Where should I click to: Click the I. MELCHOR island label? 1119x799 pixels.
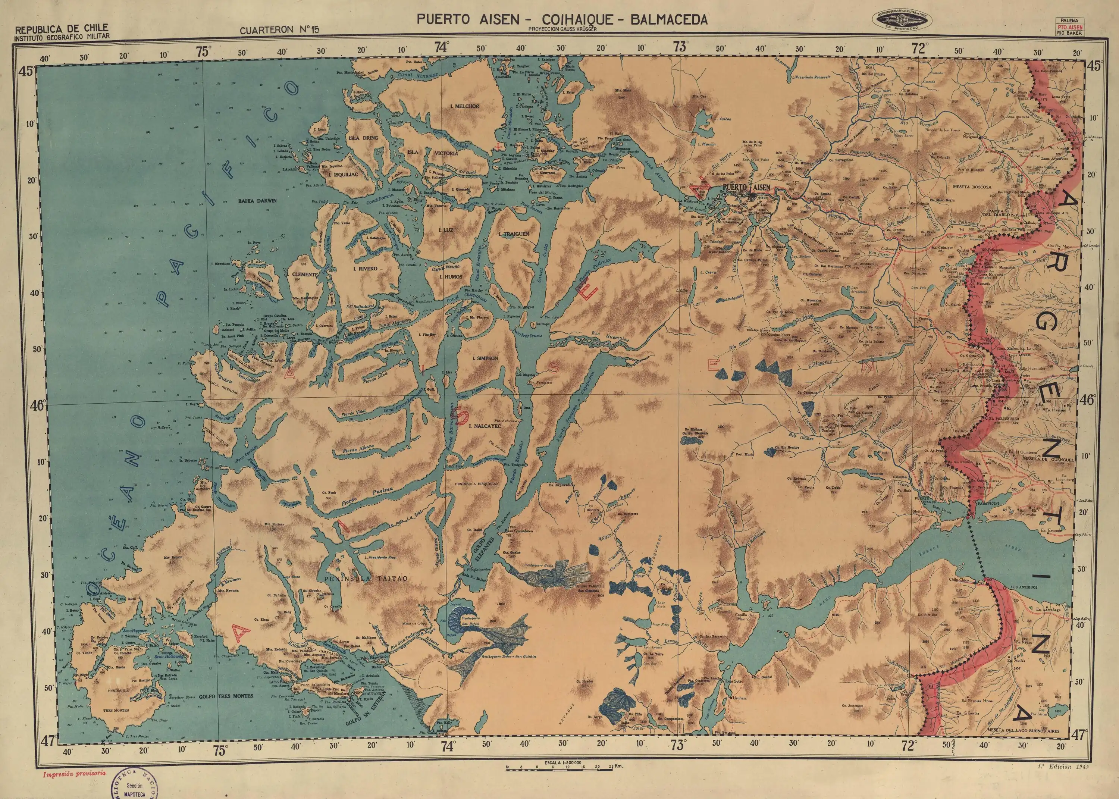tap(464, 106)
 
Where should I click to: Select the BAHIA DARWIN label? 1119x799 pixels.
tap(258, 201)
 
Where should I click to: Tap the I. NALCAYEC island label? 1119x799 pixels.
tap(485, 426)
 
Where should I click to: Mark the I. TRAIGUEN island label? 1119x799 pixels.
tap(514, 234)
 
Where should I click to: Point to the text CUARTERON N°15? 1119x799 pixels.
tap(279, 30)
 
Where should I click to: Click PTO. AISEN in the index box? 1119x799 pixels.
tap(1069, 28)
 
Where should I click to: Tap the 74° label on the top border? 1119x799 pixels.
tap(441, 48)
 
